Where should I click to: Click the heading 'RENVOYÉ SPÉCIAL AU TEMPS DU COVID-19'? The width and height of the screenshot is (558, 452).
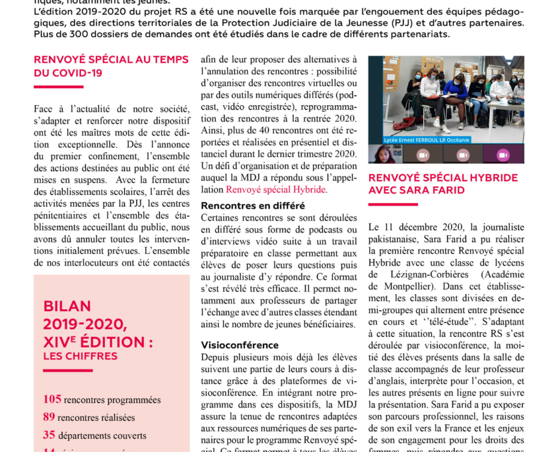coord(111,66)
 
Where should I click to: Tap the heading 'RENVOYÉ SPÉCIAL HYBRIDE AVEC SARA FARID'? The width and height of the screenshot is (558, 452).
coord(442,184)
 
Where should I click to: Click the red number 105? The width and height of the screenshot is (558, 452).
coord(52,399)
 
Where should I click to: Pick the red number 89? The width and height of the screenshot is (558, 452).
coord(49,417)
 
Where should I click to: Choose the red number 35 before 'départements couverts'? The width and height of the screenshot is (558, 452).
coord(49,435)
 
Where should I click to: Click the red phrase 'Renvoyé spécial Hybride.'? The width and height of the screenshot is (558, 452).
coord(276,190)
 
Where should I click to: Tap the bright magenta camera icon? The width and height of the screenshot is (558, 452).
coord(503,155)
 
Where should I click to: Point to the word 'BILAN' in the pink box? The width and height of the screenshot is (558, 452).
coord(67,307)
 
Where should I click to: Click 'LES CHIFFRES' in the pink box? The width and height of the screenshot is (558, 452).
coord(80,356)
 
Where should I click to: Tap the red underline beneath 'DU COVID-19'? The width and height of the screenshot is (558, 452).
coord(59,87)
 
